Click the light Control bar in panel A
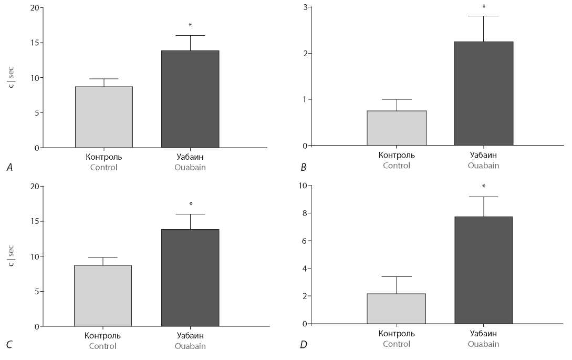coord(103,117)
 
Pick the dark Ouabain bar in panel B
coord(483,93)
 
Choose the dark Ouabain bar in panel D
coord(483,270)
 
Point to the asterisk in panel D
coord(484,187)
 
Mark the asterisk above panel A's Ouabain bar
coord(190,25)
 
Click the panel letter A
coord(9,168)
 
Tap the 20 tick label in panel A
coord(34,8)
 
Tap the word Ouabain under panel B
coord(483,166)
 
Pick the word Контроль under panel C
coord(103,335)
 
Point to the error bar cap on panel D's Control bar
coord(397,276)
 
